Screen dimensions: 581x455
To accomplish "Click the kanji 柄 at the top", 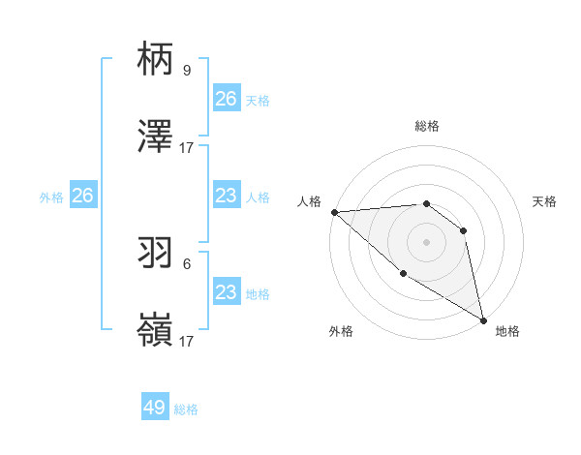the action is pos(156,59).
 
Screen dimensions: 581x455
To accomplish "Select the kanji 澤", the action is pos(156,136).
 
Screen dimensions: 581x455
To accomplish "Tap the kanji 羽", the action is pos(156,253).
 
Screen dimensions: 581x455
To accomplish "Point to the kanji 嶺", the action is pos(156,330).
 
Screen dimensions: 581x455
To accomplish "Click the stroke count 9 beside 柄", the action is pos(186,70).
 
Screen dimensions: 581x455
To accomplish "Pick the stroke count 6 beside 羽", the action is pos(186,263).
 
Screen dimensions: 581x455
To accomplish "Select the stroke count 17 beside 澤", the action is pos(187,147).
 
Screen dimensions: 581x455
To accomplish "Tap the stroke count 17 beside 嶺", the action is pos(187,341).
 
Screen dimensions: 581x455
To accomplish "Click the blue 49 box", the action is pos(155,408).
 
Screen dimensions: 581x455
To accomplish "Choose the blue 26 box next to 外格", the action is pos(82,196).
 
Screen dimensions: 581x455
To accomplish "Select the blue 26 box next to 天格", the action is pos(227,99).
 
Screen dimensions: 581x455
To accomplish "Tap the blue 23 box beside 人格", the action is pos(227,196).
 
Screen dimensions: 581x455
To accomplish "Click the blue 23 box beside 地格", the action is pos(227,292).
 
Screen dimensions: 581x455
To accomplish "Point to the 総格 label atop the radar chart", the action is pos(426,127).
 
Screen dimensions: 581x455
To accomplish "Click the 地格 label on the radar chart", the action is pos(507,331).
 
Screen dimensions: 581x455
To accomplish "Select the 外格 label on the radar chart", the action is pos(341,331).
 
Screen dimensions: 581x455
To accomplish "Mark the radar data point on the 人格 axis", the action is pos(334,212).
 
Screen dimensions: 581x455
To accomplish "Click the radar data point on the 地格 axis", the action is pos(483,319).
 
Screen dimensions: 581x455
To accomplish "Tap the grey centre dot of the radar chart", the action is pos(426,242).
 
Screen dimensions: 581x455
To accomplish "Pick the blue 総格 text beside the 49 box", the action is pos(186,409).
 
